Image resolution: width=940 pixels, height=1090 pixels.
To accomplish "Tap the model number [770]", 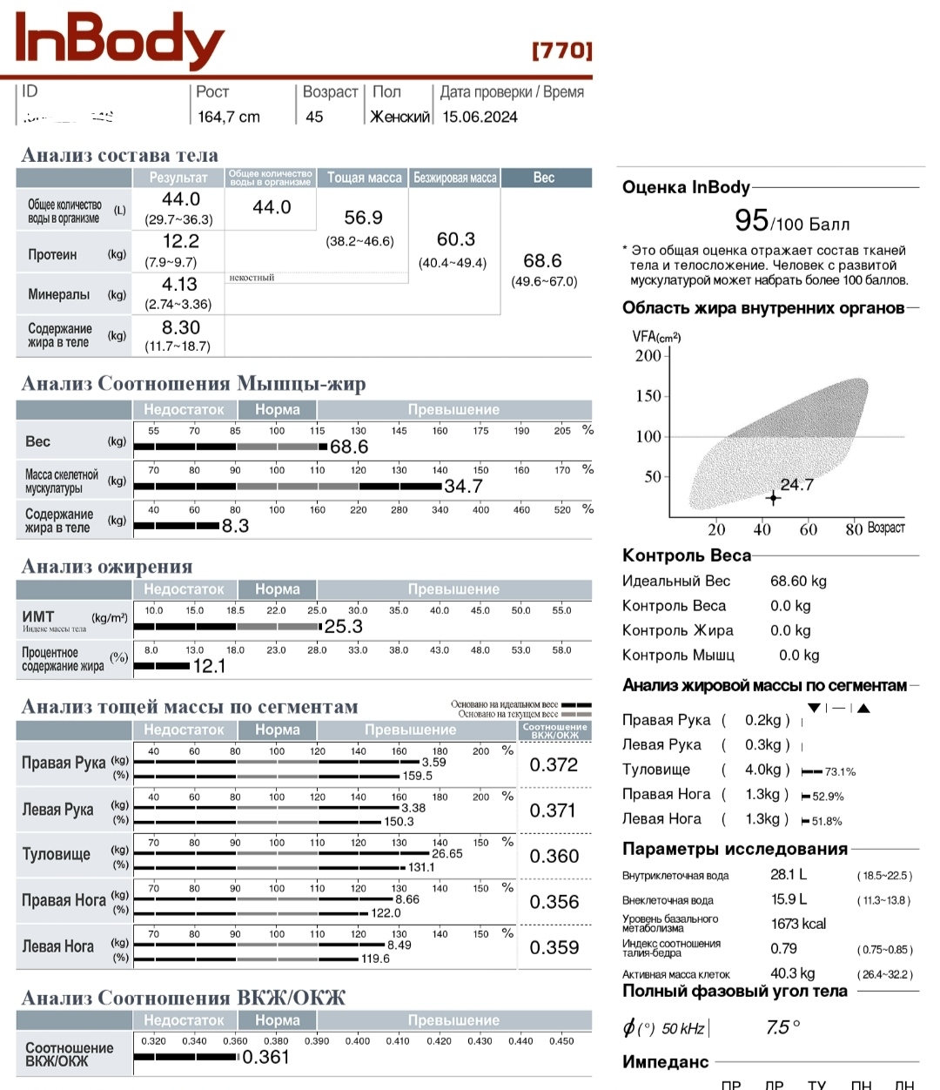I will (x=561, y=50).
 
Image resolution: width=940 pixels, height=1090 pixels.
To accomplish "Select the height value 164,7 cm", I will (x=228, y=117).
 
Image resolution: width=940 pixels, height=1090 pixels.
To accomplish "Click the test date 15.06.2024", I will (x=480, y=117).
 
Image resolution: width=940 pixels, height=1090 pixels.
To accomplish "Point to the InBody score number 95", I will (x=751, y=220).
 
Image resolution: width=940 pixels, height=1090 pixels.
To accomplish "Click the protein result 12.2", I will (x=180, y=242).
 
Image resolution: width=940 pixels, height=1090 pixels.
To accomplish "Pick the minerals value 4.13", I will (x=179, y=285).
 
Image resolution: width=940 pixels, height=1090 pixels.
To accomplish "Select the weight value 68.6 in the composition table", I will (x=542, y=261).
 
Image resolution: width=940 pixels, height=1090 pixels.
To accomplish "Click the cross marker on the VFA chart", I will (x=773, y=498).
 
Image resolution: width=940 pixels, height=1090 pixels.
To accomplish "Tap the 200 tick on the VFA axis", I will (x=648, y=355).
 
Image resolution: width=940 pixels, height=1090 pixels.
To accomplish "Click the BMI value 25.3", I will (x=343, y=627).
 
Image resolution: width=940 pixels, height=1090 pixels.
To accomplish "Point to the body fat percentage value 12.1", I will (x=209, y=667).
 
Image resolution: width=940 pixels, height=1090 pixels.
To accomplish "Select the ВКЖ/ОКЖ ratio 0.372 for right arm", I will (x=554, y=765).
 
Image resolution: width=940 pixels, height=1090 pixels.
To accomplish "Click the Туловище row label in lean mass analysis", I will (x=56, y=854).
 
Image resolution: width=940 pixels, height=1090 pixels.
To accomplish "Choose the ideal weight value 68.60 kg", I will (x=798, y=581).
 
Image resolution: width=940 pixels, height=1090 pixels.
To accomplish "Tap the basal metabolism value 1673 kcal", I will (x=798, y=924).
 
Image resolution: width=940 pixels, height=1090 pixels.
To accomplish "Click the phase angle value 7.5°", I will (x=782, y=1028).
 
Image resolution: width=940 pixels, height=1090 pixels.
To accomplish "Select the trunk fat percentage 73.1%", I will (x=840, y=771).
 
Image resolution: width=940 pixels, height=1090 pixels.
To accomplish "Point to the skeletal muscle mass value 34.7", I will (x=463, y=487).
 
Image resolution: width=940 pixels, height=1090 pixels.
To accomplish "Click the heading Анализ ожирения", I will (x=107, y=567).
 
